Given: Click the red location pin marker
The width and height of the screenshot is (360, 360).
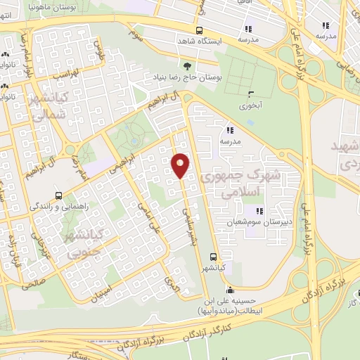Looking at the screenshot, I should tap(180, 165).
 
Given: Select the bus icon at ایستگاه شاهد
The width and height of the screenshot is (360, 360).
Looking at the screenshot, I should tap(200, 30).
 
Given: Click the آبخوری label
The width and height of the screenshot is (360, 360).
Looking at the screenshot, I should tap(250, 106).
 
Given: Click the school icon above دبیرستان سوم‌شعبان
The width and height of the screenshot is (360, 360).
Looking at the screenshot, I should tap(259, 210).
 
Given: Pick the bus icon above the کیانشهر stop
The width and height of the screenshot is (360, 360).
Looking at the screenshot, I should tap(213, 257).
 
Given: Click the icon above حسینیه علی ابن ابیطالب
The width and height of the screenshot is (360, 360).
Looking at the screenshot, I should tap(229, 289).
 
